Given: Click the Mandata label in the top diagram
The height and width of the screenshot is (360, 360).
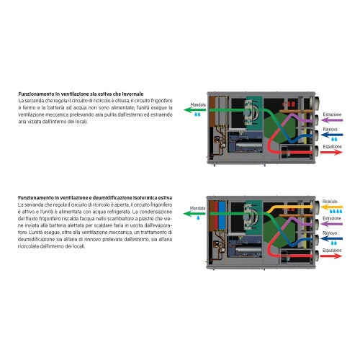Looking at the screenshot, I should tap(198, 105).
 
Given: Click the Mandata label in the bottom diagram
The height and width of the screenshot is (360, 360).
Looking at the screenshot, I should tap(198, 207).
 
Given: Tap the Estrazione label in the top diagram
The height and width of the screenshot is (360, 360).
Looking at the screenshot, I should tap(332, 114).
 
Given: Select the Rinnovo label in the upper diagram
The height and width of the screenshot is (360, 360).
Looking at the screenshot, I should tap(330, 130).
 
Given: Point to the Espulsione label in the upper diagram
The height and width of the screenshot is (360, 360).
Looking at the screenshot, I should tap(332, 146).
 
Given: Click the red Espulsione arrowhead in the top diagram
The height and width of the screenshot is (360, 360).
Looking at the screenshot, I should tap(341, 152).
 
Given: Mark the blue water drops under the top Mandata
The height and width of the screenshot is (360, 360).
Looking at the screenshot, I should tap(198, 114).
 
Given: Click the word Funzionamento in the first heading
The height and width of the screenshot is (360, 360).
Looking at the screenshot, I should tap(37, 94).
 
